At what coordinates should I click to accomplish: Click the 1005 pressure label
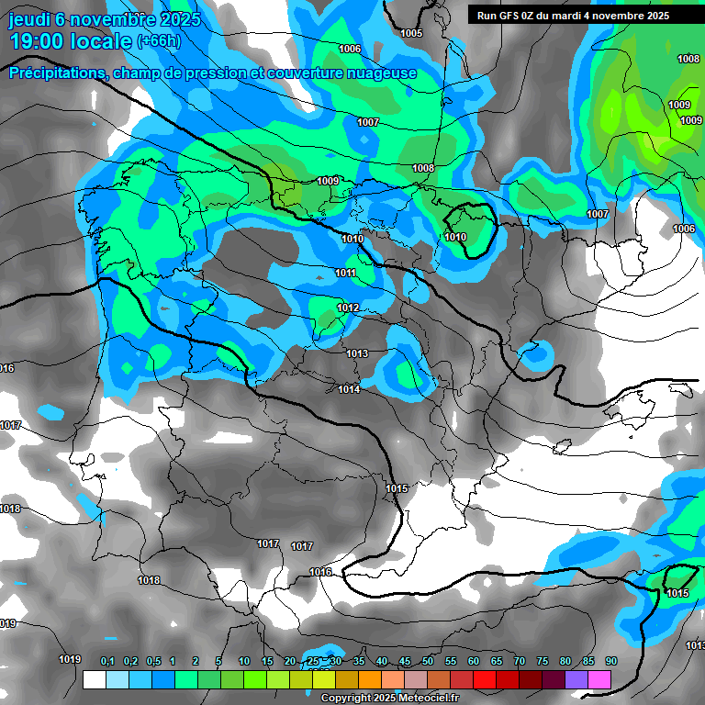coord(411,33)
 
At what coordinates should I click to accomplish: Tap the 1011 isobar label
coord(345,273)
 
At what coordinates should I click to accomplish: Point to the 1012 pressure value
coord(348,308)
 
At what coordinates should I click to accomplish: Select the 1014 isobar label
coord(349,390)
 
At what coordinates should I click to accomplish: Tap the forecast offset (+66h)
coord(159,41)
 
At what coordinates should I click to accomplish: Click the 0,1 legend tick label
coord(107,662)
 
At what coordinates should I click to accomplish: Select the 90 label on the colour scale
coord(610,662)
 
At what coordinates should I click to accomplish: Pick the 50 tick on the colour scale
coord(428,662)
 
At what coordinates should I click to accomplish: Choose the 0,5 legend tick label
coord(152,662)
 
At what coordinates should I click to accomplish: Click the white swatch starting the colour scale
coord(94,679)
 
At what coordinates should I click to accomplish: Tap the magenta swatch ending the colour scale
coord(599,679)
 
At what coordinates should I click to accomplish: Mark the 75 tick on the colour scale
coord(542,662)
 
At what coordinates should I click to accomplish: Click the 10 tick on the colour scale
coord(244,662)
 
